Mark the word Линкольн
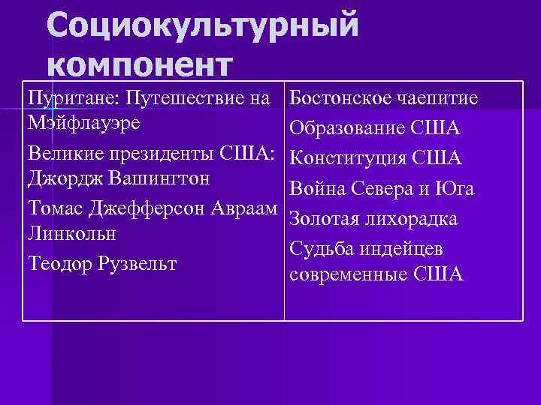pos(71,233)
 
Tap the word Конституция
pos(349,158)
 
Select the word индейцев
pos(407,248)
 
